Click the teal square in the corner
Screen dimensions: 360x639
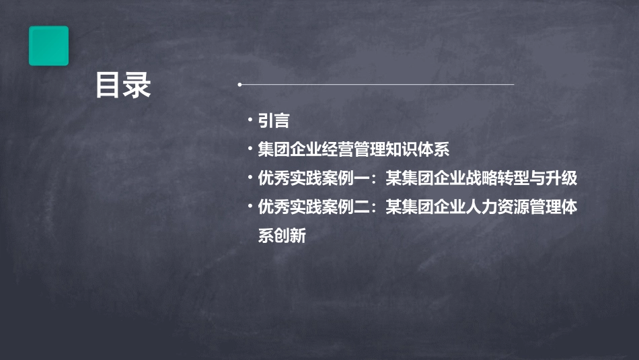[48, 46]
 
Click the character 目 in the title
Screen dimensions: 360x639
[109, 86]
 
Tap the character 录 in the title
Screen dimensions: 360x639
[137, 86]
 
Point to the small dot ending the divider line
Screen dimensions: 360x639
[239, 85]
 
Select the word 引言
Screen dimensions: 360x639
[274, 121]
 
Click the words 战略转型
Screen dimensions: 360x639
[497, 179]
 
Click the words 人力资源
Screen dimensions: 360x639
[497, 208]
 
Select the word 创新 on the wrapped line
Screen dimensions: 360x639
[290, 237]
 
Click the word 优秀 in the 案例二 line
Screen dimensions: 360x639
[274, 208]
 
